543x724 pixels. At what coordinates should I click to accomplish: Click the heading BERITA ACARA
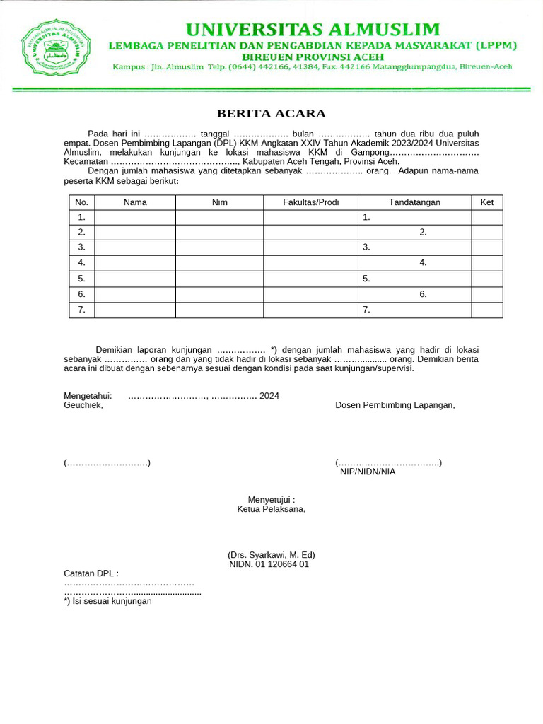271,114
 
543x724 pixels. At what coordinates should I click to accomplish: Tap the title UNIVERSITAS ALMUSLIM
313,30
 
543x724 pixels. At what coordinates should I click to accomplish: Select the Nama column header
135,202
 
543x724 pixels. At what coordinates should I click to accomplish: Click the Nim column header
220,202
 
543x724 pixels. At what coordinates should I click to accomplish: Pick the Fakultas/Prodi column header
310,202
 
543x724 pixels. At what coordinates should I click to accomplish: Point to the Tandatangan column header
414,202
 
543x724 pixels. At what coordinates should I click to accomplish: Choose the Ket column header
487,202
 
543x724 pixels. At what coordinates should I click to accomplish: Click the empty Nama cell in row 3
135,247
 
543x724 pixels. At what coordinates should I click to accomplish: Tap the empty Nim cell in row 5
220,279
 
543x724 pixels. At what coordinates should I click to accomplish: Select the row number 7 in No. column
82,310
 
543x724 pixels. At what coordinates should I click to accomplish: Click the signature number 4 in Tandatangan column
423,263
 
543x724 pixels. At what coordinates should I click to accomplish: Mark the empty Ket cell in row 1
487,217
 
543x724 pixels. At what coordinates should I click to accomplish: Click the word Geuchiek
83,405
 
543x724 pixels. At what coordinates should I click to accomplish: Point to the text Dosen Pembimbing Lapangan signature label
395,405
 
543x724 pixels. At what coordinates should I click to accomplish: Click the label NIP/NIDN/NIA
368,472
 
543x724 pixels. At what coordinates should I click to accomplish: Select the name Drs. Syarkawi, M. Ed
271,555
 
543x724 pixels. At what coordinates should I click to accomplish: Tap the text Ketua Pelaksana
271,508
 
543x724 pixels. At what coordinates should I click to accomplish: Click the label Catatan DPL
91,573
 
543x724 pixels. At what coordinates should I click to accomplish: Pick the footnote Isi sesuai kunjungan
108,601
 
